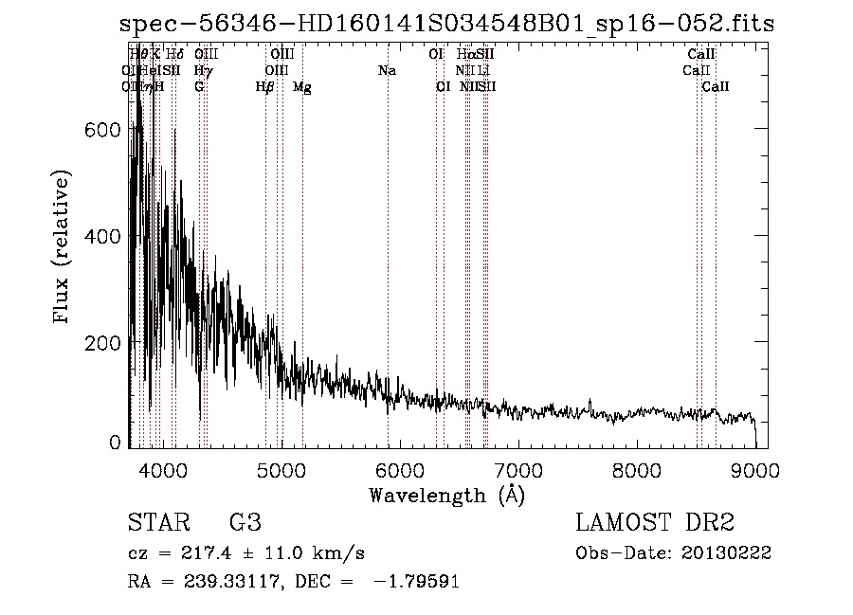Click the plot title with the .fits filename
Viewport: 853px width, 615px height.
pos(447,24)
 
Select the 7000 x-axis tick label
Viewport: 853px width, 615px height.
pos(517,469)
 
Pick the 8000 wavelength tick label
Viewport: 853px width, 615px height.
pos(637,469)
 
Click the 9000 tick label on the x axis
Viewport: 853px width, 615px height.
pos(755,469)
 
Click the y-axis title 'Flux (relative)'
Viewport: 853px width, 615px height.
pos(64,248)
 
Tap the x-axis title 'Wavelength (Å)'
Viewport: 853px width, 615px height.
pos(446,495)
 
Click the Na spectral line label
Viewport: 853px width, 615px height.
pos(387,70)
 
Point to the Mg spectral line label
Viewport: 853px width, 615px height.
pos(301,87)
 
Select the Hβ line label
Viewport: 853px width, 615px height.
pos(265,87)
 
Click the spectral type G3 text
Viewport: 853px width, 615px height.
pos(245,523)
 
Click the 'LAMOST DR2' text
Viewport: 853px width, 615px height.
pos(655,523)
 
